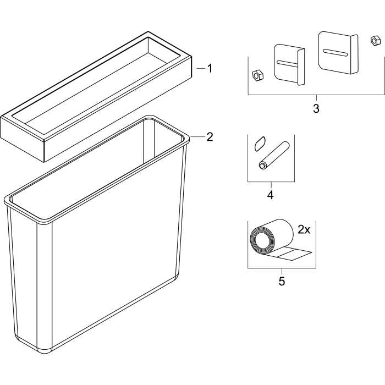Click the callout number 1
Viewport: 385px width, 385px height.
[210, 69]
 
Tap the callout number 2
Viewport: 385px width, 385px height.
[210, 137]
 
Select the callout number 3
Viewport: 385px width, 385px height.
[316, 108]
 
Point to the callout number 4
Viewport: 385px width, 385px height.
[271, 195]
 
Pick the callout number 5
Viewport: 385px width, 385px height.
[282, 281]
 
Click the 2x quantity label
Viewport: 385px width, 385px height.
[304, 230]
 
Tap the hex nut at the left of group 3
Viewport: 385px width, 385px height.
[258, 75]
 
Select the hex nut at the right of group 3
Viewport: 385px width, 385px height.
[374, 41]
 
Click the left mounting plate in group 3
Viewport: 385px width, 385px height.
[289, 64]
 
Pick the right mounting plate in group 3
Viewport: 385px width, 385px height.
[338, 52]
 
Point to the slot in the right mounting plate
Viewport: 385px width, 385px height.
[335, 53]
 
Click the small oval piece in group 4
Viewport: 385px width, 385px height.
[260, 144]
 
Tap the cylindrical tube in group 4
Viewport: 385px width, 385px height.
[274, 155]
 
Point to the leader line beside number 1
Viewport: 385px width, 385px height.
[201, 69]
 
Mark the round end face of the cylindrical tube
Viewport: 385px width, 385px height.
[262, 166]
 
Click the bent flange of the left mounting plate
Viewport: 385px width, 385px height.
[301, 67]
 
